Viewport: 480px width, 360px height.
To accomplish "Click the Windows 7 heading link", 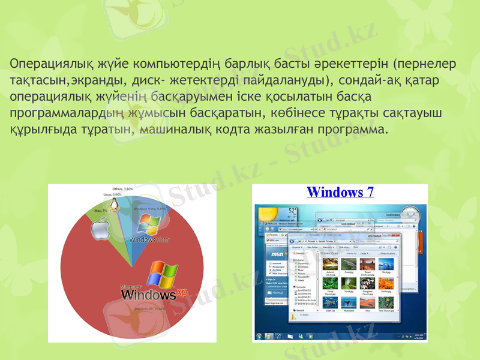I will click(x=340, y=192).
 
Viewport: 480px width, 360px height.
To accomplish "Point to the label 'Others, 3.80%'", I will click(x=122, y=189).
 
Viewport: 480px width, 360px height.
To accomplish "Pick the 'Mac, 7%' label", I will click(x=101, y=211).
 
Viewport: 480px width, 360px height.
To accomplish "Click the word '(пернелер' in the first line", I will click(x=424, y=64).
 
